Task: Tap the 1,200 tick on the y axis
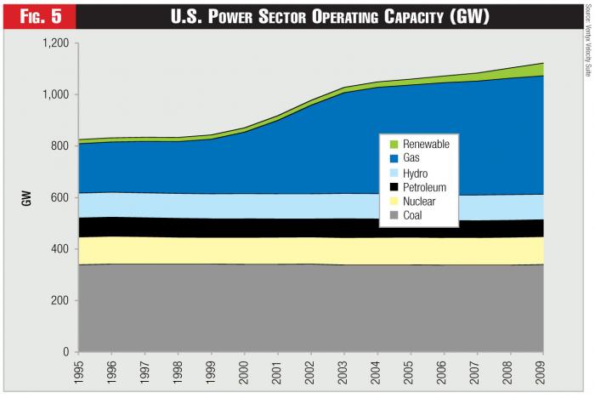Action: pyautogui.click(x=54, y=43)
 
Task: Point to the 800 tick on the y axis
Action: pyautogui.click(x=59, y=145)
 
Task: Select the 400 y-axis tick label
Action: pyautogui.click(x=59, y=248)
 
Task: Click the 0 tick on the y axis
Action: pyautogui.click(x=65, y=351)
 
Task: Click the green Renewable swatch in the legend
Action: pyautogui.click(x=392, y=144)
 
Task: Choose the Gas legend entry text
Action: pyautogui.click(x=411, y=158)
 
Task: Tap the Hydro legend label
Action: pyautogui.click(x=416, y=173)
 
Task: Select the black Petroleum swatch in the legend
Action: pyautogui.click(x=392, y=187)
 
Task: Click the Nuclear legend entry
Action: pyautogui.click(x=419, y=202)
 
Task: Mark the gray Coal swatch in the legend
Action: pyautogui.click(x=392, y=216)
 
